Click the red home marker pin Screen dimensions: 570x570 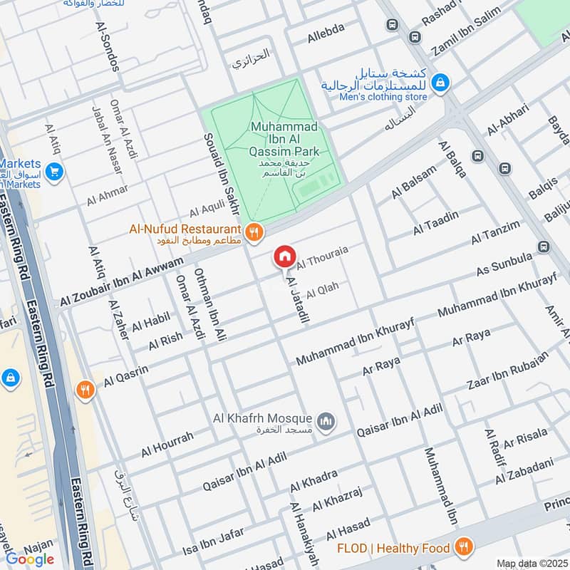[284, 256]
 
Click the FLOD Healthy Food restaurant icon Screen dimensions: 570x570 [464, 547]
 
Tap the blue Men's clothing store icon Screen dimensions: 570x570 [441, 83]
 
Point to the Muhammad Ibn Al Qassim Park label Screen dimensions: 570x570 [284, 140]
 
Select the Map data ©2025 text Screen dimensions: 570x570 [531, 563]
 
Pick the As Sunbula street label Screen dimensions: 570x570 [503, 263]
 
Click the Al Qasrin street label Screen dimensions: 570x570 [125, 376]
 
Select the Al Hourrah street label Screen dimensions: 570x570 [167, 444]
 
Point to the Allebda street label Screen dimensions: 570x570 [326, 28]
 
